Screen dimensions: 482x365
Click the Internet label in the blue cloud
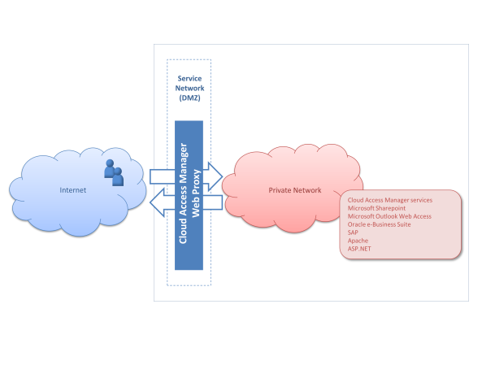coord(73,190)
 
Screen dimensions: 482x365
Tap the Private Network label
coord(295,190)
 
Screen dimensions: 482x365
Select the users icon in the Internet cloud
coord(114,173)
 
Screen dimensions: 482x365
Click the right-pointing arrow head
coord(215,176)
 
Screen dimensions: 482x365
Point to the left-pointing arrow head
coord(157,202)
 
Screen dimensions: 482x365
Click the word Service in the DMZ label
coord(189,78)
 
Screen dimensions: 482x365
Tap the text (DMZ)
coord(189,98)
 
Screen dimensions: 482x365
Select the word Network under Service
coord(189,88)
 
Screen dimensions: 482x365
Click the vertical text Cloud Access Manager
coord(183,193)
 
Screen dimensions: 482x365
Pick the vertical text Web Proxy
coord(196,193)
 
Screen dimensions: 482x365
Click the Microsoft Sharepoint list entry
coord(376,208)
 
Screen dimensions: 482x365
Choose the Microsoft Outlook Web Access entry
coord(389,216)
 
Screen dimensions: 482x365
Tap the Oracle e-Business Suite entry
coord(379,224)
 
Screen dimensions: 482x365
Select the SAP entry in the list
coord(353,232)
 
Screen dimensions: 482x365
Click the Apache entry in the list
coord(358,241)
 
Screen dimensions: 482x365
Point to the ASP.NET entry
coord(359,249)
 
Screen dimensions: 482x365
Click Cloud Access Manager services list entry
coord(390,200)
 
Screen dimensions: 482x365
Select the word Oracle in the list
coord(357,224)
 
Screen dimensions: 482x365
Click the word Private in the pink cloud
coord(279,190)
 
